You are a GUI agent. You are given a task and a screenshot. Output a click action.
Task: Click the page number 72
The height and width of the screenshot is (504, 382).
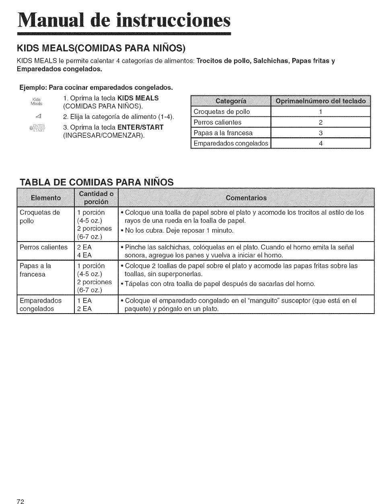21,501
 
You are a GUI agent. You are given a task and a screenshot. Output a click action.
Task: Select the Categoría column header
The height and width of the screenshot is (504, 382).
231,101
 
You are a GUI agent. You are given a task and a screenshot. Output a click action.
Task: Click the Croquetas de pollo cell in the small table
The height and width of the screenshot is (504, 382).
222,112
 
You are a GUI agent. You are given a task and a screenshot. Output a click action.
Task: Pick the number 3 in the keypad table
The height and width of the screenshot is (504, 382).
320,133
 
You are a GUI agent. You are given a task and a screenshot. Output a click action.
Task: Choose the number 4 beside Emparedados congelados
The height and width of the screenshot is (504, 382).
320,143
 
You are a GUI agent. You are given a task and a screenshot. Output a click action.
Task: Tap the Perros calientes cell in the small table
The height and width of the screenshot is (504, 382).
218,122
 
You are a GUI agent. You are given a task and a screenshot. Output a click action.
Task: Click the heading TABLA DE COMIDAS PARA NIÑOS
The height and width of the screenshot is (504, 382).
97,182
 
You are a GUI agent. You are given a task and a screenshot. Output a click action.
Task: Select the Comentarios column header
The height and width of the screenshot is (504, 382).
246,198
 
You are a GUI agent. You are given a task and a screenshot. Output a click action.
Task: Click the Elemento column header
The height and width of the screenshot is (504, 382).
46,198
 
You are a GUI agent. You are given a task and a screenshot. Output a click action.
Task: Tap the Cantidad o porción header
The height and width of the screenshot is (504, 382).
96,198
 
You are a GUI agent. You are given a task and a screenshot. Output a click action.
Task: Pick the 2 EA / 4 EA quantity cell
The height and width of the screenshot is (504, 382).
85,251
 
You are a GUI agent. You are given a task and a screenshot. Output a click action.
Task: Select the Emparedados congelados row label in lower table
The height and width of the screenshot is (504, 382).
41,305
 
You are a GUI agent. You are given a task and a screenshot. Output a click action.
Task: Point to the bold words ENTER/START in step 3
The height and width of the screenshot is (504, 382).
139,127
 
